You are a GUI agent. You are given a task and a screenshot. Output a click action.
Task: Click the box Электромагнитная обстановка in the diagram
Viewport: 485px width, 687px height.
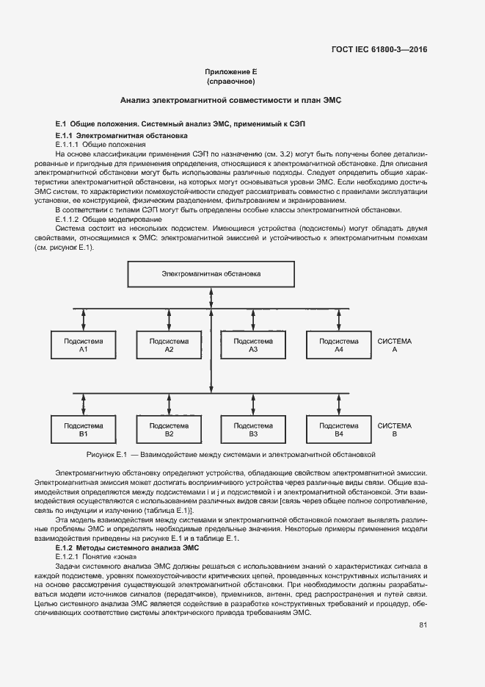pyautogui.click(x=211, y=275)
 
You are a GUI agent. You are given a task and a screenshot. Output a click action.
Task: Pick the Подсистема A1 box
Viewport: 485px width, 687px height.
pyautogui.click(x=84, y=345)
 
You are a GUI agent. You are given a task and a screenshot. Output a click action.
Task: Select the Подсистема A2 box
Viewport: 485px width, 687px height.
pyautogui.click(x=169, y=345)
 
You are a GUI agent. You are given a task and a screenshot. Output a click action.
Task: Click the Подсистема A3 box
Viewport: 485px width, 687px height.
pyautogui.click(x=253, y=345)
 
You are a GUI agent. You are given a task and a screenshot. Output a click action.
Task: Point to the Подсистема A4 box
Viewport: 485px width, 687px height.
pyautogui.click(x=338, y=345)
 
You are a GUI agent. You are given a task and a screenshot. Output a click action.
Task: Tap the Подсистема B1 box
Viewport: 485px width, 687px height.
pyautogui.click(x=84, y=430)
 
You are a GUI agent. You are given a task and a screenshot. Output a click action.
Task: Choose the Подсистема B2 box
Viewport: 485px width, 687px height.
pyautogui.click(x=169, y=430)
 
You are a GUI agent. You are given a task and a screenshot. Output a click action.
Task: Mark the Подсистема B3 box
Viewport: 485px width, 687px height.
pyautogui.click(x=253, y=430)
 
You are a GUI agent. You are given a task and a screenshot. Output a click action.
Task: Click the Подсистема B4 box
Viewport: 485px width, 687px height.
pyautogui.click(x=338, y=430)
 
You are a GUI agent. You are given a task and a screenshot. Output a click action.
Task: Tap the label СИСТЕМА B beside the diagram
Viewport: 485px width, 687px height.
pyautogui.click(x=395, y=430)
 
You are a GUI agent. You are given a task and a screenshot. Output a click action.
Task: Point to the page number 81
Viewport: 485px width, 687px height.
pyautogui.click(x=423, y=625)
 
